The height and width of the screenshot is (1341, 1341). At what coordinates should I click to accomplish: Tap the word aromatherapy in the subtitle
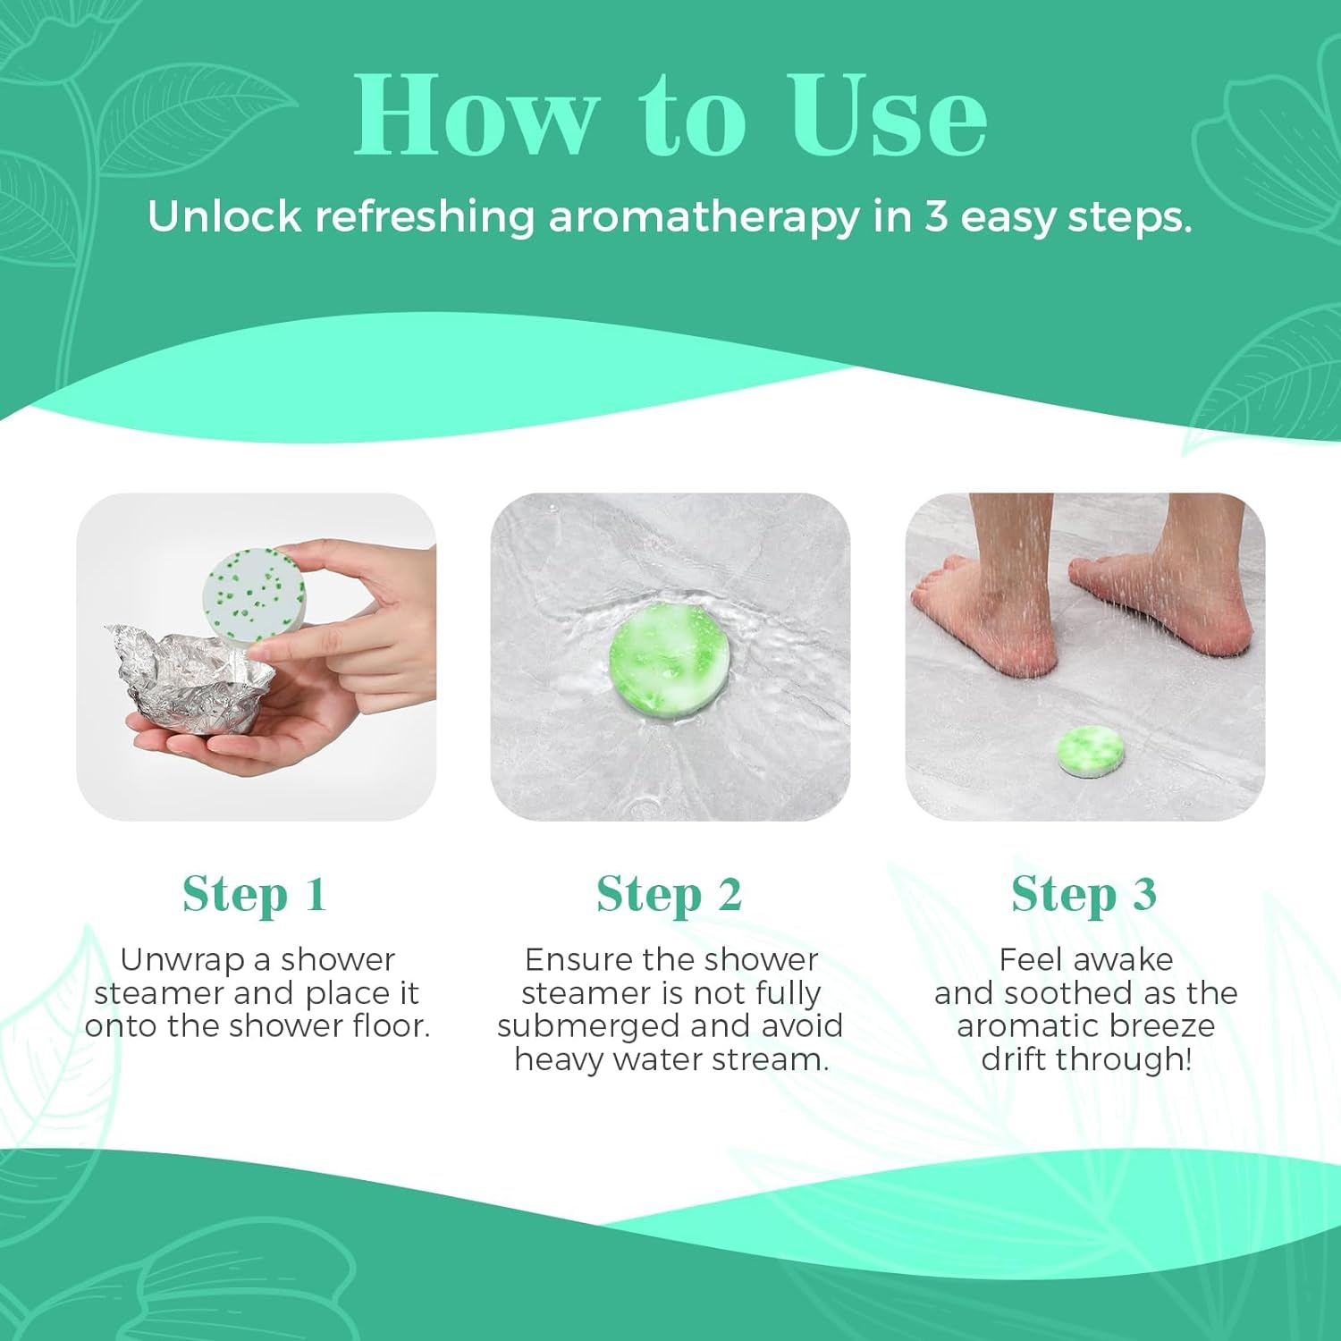[x=703, y=217]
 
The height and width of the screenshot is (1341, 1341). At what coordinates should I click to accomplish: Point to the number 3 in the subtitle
[x=935, y=217]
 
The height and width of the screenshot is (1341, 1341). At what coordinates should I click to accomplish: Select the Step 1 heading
[x=255, y=895]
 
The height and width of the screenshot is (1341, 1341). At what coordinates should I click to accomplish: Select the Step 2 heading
[x=670, y=895]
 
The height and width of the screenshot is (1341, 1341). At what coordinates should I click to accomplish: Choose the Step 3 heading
[x=1084, y=895]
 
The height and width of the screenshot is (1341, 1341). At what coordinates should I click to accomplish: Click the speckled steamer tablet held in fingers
[x=254, y=593]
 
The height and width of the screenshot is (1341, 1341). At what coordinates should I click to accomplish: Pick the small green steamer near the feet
[x=1091, y=752]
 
